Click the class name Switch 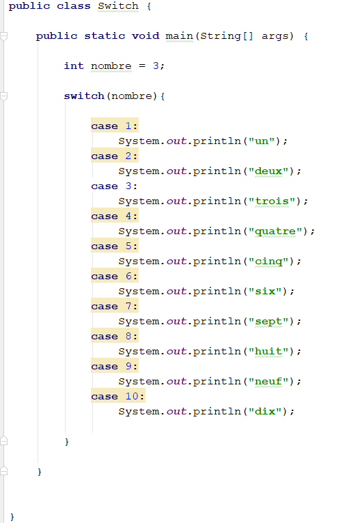coord(118,6)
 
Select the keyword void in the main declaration coord(146,36)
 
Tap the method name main coord(179,36)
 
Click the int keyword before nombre coord(74,66)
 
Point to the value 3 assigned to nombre coord(156,66)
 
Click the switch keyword coord(84,96)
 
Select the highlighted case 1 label coord(115,126)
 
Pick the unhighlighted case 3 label coord(114,186)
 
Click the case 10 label coord(117,396)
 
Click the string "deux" coord(268,171)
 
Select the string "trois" coord(272,201)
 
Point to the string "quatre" coord(275,231)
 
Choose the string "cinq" coord(268,261)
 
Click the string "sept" coord(268,321)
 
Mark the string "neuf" coord(268,381)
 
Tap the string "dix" coord(265,411)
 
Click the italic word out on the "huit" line coord(176,351)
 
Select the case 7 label coord(115,306)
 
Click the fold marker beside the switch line coord(3,96)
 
